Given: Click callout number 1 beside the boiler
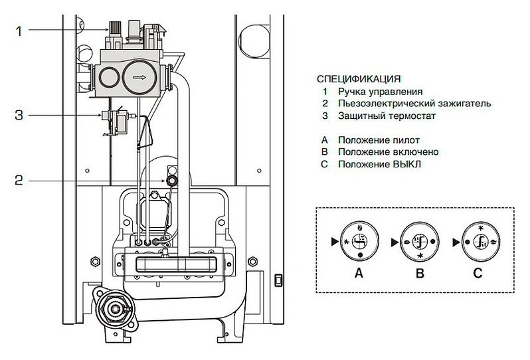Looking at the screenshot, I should click(x=20, y=31).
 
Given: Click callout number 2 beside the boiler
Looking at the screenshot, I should click(x=20, y=179).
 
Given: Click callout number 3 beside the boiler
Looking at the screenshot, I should click(x=20, y=116).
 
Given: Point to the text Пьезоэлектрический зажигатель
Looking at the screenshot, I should click(x=414, y=104).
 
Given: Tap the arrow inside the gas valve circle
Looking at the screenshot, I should click(x=139, y=76).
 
